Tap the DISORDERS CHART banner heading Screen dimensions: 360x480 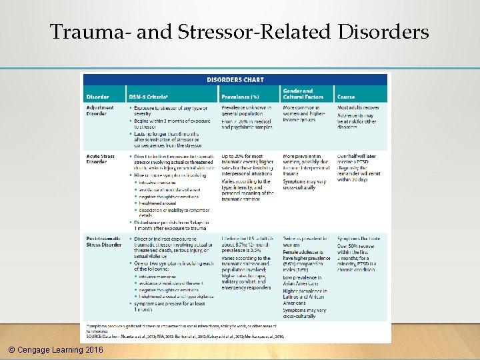pos(235,79)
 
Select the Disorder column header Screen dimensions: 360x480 pos(97,97)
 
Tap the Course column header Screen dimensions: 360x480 pos(346,97)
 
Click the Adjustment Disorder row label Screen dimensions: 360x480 pos(100,110)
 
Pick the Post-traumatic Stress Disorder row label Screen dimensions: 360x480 pos(104,241)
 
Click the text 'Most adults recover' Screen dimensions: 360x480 pos(359,107)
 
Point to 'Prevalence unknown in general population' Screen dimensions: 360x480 pos(246,110)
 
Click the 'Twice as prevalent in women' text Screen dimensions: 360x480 pos(305,241)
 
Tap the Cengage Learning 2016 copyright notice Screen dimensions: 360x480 pos(52,349)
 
